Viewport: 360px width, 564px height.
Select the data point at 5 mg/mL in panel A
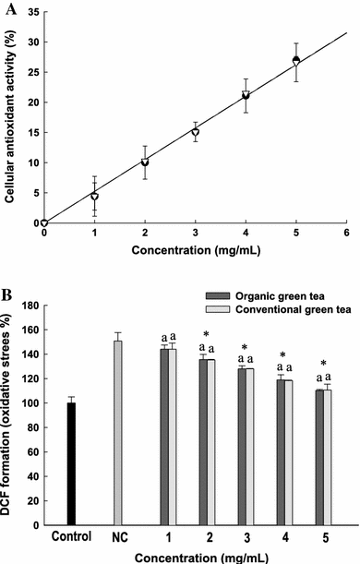(296, 61)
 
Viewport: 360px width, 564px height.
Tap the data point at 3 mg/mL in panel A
(195, 132)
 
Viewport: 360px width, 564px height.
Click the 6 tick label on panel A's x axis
(346, 234)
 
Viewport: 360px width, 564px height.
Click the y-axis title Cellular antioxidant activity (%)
(9, 116)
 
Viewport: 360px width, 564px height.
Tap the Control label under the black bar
(70, 537)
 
